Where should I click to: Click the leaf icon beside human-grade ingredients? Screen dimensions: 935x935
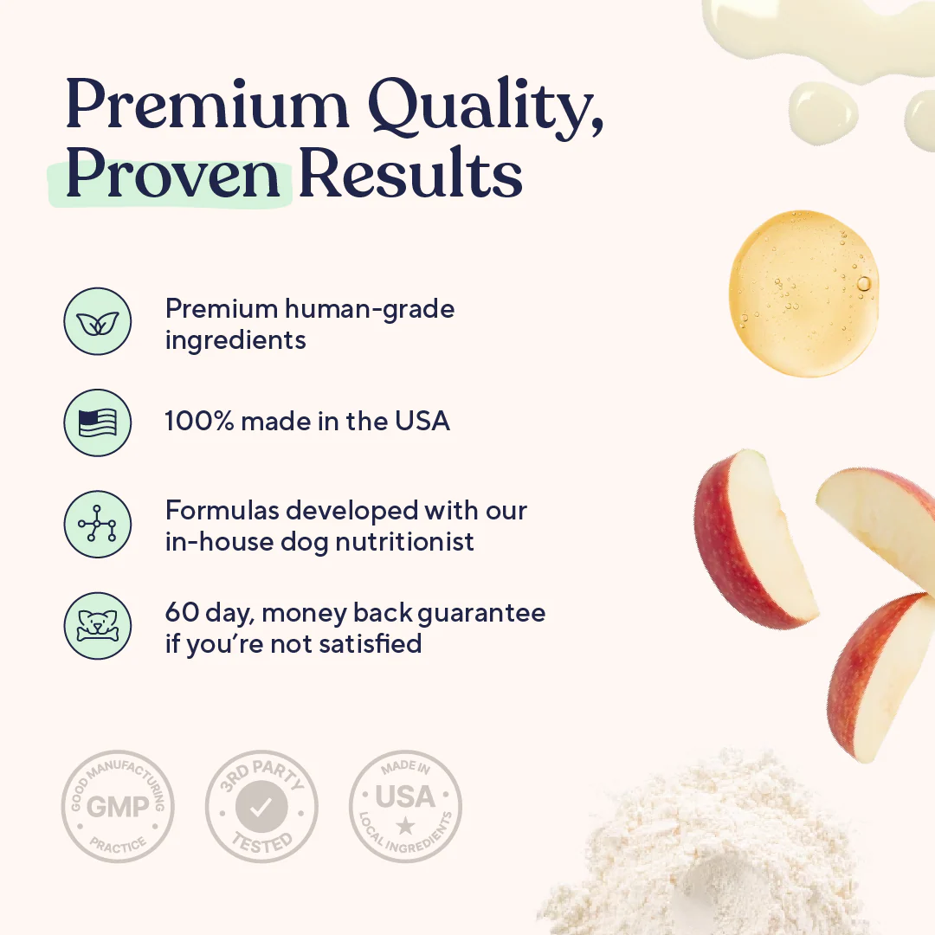[x=97, y=321]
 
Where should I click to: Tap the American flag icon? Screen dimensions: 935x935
[x=97, y=422]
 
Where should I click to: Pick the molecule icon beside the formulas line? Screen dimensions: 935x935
[x=97, y=524]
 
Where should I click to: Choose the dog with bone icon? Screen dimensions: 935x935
[x=97, y=625]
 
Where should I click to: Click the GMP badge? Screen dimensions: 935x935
[x=118, y=806]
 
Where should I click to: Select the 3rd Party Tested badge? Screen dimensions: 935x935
[x=261, y=806]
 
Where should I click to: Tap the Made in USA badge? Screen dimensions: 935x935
[x=405, y=806]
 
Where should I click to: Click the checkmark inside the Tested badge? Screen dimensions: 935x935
[x=261, y=808]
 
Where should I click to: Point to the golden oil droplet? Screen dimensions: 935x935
[x=803, y=293]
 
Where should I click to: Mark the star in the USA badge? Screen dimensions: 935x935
[x=405, y=826]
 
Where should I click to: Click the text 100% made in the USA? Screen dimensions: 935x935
[x=307, y=422]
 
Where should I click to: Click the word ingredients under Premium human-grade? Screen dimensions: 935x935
[x=235, y=340]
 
